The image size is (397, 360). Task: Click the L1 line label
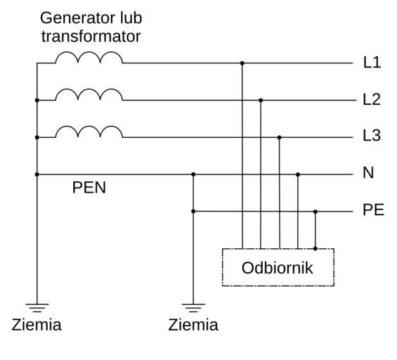372,63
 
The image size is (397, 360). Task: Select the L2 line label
372,99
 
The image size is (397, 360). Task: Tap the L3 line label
372,135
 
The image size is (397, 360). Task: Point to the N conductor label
368,173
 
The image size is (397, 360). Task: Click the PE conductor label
373,210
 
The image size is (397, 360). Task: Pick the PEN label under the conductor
89,188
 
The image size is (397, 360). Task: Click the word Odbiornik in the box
278,268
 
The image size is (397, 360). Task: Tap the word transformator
91,37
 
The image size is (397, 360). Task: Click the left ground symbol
37,307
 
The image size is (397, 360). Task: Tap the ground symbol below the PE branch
193,307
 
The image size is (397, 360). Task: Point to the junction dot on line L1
242,63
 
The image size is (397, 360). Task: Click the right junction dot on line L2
261,101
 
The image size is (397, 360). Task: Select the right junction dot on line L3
279,137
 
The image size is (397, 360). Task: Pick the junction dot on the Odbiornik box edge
315,248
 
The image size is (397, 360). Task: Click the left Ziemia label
37,325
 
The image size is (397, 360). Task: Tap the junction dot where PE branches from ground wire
193,211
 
